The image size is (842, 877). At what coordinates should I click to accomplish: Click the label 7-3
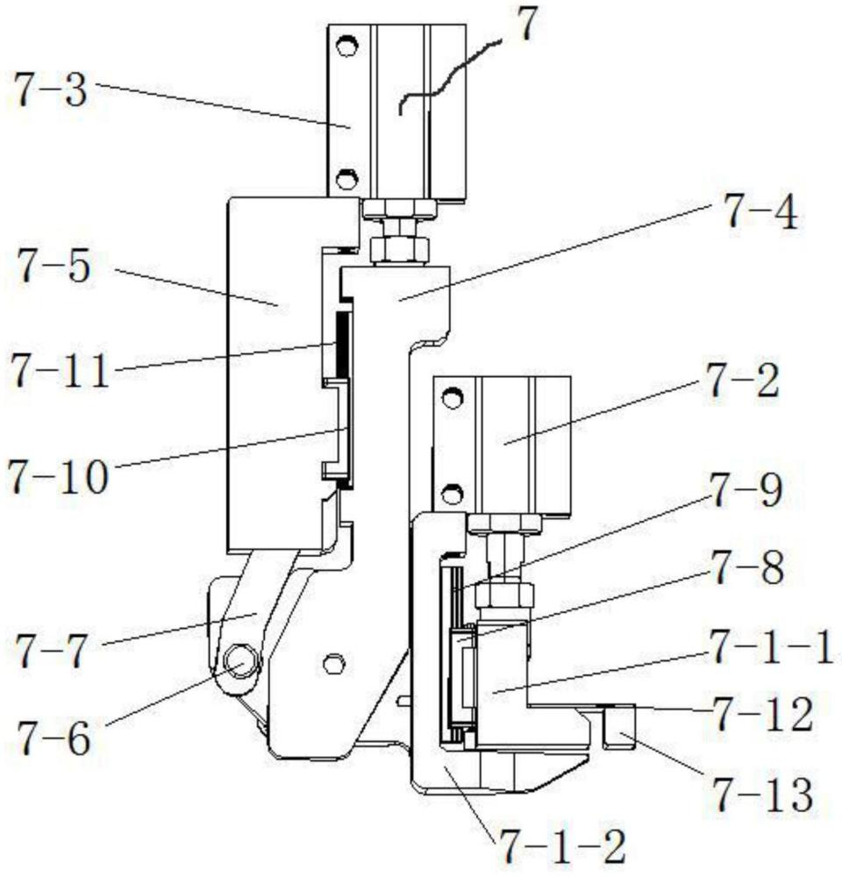tap(51, 90)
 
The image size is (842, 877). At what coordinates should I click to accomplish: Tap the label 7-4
tap(761, 211)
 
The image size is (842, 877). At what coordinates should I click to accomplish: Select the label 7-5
tap(54, 266)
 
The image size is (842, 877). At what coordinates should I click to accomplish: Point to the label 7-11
tap(60, 371)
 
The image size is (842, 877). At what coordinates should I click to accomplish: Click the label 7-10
tap(58, 476)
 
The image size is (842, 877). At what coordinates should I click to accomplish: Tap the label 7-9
tap(746, 488)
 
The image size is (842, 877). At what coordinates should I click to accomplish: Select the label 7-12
tap(762, 714)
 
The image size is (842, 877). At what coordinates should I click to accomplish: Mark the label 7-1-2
tap(563, 846)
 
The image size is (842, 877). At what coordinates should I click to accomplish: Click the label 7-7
tap(52, 651)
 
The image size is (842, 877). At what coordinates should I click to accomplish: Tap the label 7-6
tap(54, 738)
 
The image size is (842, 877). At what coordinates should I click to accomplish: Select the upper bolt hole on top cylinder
tap(346, 46)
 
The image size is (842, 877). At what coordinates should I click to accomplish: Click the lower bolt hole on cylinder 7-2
tap(452, 494)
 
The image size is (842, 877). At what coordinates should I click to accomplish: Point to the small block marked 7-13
tap(620, 726)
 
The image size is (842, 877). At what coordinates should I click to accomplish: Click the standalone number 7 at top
tap(526, 26)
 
